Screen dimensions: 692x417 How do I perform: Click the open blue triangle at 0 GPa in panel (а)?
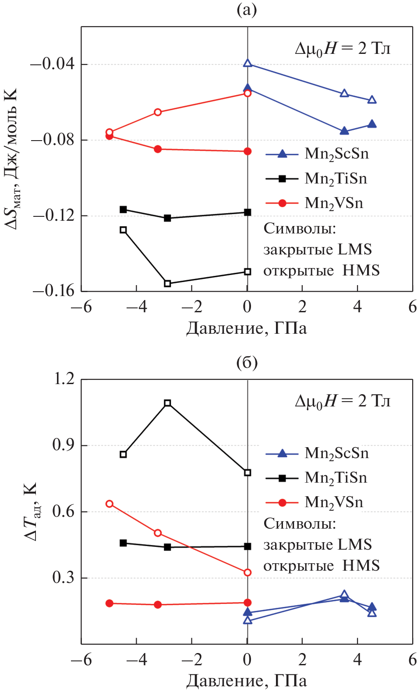tap(247, 64)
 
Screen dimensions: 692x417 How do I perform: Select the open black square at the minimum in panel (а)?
tap(167, 283)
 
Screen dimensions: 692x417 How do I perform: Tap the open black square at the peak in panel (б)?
tap(167, 403)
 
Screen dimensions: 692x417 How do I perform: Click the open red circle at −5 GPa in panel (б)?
tap(110, 504)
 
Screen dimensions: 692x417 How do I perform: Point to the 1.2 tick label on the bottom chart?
tap(64, 379)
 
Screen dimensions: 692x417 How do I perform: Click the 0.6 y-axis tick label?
tap(64, 511)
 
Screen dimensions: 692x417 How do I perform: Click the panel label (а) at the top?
tap(247, 10)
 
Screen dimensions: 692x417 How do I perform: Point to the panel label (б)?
tap(247, 363)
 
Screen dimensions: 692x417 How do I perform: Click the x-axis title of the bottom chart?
tap(247, 681)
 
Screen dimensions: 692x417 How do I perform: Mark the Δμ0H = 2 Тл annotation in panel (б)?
tap(343, 401)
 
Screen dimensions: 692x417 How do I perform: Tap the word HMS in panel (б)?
tap(361, 565)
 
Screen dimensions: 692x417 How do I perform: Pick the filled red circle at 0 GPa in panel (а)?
tap(247, 151)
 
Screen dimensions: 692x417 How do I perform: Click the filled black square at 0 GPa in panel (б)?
tap(247, 546)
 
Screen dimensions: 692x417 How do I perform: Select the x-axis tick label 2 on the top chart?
tap(302, 307)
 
